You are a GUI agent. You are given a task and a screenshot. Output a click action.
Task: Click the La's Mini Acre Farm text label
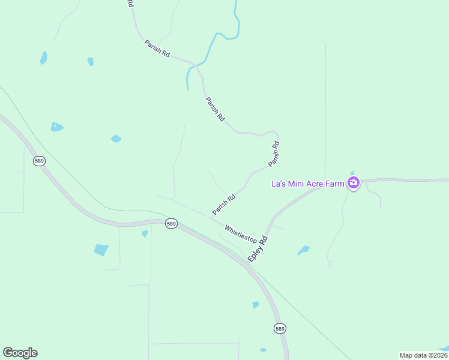308,183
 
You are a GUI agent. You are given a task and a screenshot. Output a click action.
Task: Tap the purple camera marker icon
354,183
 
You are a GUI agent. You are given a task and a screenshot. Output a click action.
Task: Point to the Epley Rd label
258,247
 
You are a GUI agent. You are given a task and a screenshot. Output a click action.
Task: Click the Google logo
20,353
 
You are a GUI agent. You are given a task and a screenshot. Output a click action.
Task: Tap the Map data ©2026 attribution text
423,355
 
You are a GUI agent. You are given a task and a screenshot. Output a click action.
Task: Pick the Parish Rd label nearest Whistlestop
223,204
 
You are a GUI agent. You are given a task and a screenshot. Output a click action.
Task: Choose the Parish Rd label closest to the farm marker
274,154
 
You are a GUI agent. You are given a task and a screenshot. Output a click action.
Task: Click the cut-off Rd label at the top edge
130,3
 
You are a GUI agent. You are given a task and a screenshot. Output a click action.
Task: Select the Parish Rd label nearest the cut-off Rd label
157,49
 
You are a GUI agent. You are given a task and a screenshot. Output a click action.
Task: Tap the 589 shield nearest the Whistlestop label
172,224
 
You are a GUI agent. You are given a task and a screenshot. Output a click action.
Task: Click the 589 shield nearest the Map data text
280,328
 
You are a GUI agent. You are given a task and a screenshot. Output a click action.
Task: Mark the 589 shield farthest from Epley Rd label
40,161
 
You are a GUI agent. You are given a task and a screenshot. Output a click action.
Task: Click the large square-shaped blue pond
101,250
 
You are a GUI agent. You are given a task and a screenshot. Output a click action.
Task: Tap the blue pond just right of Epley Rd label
304,250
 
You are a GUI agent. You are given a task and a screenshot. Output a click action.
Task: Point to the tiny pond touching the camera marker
352,173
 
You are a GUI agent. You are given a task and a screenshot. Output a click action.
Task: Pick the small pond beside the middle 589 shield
145,233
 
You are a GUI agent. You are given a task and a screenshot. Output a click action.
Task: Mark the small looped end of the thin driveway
330,263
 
